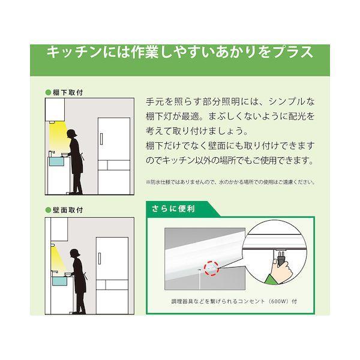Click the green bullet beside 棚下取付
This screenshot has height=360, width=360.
click(x=48, y=92)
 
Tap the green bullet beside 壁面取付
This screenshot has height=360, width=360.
click(x=48, y=210)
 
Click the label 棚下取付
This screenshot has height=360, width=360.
click(x=68, y=92)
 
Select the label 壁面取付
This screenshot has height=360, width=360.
click(x=68, y=210)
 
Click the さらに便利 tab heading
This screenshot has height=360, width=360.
click(x=173, y=208)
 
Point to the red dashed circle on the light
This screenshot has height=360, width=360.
click(x=211, y=268)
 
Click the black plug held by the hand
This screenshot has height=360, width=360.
click(x=281, y=259)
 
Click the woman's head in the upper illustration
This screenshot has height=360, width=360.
click(x=71, y=134)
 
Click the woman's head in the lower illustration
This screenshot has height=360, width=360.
click(x=75, y=253)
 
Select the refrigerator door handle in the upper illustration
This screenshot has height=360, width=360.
click(x=101, y=139)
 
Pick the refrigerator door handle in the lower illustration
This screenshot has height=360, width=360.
click(x=100, y=258)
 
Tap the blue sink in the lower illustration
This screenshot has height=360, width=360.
click(x=59, y=281)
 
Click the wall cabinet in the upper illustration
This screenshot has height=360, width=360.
click(x=55, y=110)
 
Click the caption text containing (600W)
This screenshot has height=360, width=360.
click(x=234, y=301)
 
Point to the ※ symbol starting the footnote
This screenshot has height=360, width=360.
click(x=148, y=182)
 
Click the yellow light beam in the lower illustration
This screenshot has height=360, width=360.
click(x=57, y=257)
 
